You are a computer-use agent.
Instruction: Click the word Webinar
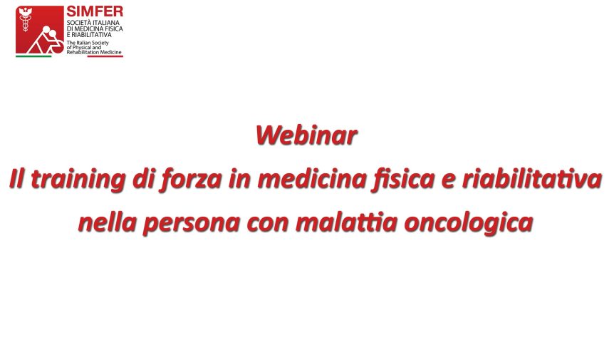(x=306, y=135)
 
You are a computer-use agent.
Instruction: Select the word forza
(x=191, y=180)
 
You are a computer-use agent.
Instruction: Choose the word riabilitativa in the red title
(x=532, y=179)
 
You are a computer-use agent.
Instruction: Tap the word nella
(x=108, y=222)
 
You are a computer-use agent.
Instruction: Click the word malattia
(x=347, y=222)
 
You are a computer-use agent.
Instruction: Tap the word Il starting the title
(x=17, y=179)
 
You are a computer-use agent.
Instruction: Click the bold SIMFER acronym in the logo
(x=94, y=11)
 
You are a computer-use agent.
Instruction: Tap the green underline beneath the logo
(x=33, y=56)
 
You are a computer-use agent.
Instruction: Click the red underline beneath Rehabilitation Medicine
(x=105, y=56)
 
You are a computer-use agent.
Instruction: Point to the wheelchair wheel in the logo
(x=57, y=46)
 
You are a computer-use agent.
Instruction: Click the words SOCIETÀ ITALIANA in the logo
(x=93, y=23)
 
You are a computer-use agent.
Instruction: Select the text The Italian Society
(x=88, y=43)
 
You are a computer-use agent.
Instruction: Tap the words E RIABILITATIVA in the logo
(x=89, y=34)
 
